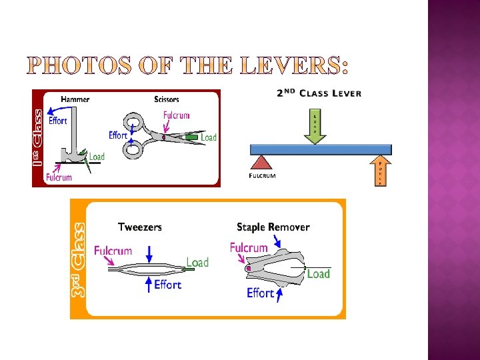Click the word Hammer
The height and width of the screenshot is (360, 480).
75,99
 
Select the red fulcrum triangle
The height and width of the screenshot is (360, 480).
262,162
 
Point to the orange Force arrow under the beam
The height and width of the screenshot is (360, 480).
379,171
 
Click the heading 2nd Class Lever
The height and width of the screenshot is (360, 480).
319,93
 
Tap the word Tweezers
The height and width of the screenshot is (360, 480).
139,227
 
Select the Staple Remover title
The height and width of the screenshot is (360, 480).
273,227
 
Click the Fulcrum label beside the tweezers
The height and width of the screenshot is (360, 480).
113,251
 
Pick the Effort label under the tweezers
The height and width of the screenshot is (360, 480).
167,285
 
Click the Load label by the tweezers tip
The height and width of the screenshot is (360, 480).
197,262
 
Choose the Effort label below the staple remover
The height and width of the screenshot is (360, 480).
260,293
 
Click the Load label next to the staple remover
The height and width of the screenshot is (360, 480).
318,274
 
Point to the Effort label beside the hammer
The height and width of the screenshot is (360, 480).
58,121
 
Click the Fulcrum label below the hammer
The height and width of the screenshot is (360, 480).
59,177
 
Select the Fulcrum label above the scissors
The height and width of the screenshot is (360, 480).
177,115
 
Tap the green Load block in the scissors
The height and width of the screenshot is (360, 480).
191,137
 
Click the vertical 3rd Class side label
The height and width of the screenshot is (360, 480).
79,259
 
